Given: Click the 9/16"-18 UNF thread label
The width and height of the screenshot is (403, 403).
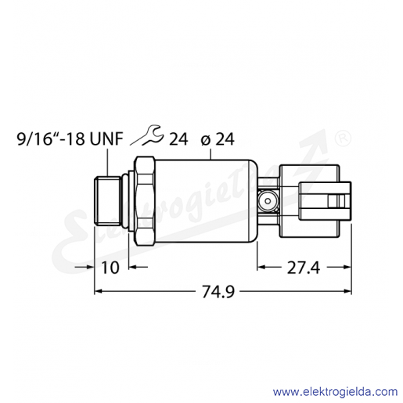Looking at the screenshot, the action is [x=70, y=139].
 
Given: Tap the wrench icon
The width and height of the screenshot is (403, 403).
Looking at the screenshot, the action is [x=148, y=135].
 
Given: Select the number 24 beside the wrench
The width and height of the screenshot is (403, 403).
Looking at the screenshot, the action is [x=178, y=139].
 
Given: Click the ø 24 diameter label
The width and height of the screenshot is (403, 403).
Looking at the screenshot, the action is [x=218, y=139].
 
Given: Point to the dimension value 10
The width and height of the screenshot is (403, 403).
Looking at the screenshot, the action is [x=110, y=268].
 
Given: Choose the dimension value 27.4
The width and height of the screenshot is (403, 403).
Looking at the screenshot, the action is [x=303, y=268].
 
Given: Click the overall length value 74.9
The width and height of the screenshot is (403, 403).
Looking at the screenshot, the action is [x=218, y=291].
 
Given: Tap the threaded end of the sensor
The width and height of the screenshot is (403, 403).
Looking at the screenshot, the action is [x=107, y=201].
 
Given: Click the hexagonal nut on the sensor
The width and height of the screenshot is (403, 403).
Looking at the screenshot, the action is [x=145, y=201].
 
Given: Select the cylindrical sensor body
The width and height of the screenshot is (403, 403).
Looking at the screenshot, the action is [x=206, y=201].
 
